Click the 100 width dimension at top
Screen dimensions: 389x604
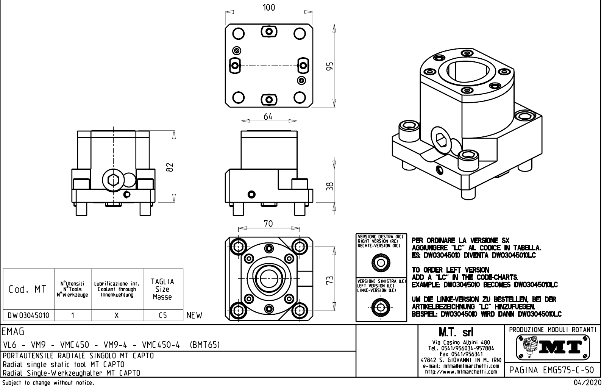click(269, 8)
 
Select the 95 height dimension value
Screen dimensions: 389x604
click(330, 66)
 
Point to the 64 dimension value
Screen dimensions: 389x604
click(268, 117)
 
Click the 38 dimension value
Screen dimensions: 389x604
click(330, 186)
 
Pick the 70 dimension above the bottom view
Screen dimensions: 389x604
click(268, 224)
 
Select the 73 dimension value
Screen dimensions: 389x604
click(330, 280)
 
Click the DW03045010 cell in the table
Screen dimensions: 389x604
click(28, 315)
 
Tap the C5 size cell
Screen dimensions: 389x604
click(163, 315)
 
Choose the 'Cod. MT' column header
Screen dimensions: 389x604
click(28, 289)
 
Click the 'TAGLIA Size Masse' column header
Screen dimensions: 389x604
click(163, 289)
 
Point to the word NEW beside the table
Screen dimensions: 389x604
click(194, 315)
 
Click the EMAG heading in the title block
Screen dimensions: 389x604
click(13, 332)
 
